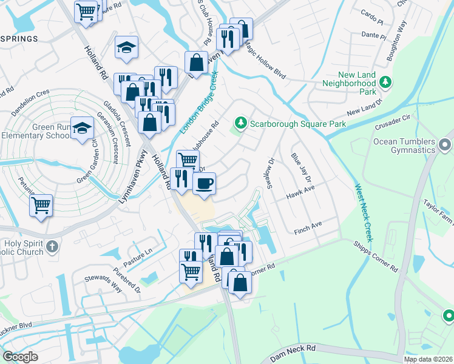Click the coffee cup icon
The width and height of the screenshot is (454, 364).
point(204,182)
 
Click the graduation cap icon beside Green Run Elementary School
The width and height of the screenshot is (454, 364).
point(82,128)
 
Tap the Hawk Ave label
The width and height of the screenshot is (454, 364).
point(300,193)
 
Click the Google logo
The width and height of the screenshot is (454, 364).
point(20,357)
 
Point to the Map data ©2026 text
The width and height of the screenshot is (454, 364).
point(428,359)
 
